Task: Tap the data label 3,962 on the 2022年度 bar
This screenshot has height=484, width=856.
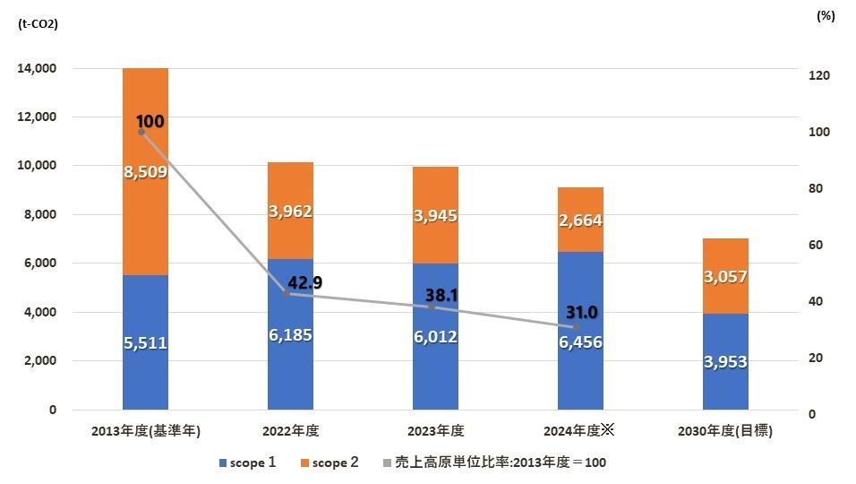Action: coord(290,212)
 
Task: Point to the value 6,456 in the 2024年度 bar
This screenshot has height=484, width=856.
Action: coord(580,341)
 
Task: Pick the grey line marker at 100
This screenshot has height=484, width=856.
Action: coord(141,132)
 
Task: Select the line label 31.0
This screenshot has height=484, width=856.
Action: coord(582,312)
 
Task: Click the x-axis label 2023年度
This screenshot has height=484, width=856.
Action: coord(435,431)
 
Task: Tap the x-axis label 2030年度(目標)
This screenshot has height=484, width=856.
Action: coord(726,431)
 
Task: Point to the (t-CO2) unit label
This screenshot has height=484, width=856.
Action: coord(38,24)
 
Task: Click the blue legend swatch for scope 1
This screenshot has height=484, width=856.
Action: coord(223,463)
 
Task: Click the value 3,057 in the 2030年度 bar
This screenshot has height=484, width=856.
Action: coord(725,277)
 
